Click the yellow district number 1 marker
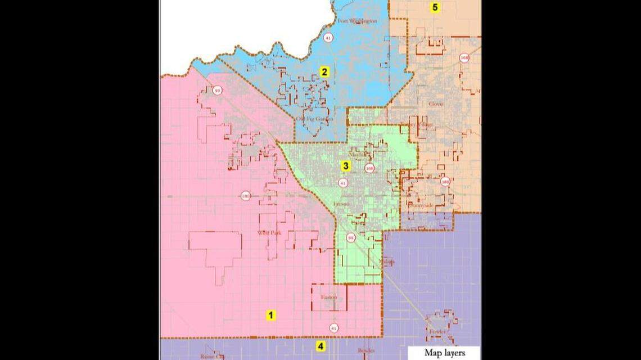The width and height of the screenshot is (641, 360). pyautogui.click(x=270, y=315)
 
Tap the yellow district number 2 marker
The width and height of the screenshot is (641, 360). pyautogui.click(x=324, y=71)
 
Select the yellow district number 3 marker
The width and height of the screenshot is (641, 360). pyautogui.click(x=346, y=165)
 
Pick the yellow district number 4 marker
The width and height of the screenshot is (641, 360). pyautogui.click(x=320, y=346)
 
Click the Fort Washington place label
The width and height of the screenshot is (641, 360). pyautogui.click(x=357, y=21)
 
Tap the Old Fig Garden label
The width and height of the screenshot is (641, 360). pyautogui.click(x=315, y=119)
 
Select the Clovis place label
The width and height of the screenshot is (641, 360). pyautogui.click(x=436, y=104)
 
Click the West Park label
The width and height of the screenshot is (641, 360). pyautogui.click(x=268, y=232)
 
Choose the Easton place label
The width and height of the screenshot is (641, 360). pyautogui.click(x=329, y=297)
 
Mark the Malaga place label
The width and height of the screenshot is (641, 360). pyautogui.click(x=387, y=262)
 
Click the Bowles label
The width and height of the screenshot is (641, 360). pyautogui.click(x=366, y=350)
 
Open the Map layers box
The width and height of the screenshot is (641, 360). pyautogui.click(x=444, y=353)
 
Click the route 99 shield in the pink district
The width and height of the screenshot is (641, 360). pyautogui.click(x=216, y=90)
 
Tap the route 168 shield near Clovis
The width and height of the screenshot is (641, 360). pyautogui.click(x=464, y=58)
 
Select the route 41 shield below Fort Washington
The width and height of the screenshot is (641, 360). pyautogui.click(x=328, y=38)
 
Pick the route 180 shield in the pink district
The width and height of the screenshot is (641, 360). pyautogui.click(x=245, y=196)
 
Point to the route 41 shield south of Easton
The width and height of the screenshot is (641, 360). pyautogui.click(x=334, y=327)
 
